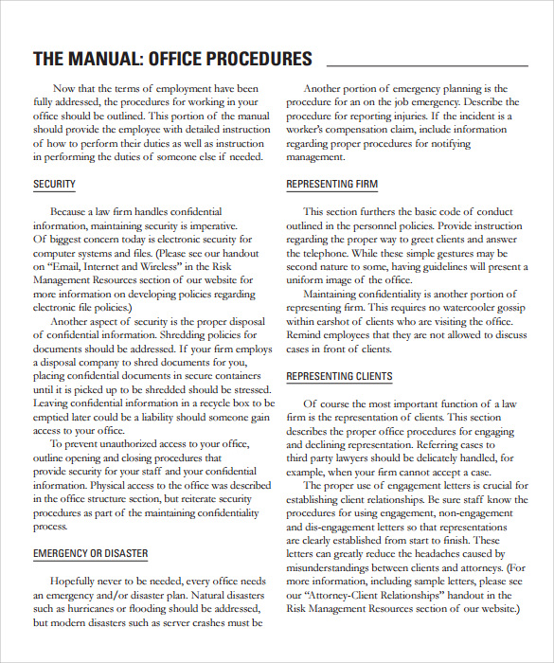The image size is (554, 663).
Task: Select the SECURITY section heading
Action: pos(54,184)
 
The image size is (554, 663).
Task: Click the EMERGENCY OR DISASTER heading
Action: pos(92,552)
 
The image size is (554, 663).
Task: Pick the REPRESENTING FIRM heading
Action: pos(331,184)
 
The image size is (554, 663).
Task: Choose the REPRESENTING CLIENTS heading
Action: pos(339,376)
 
